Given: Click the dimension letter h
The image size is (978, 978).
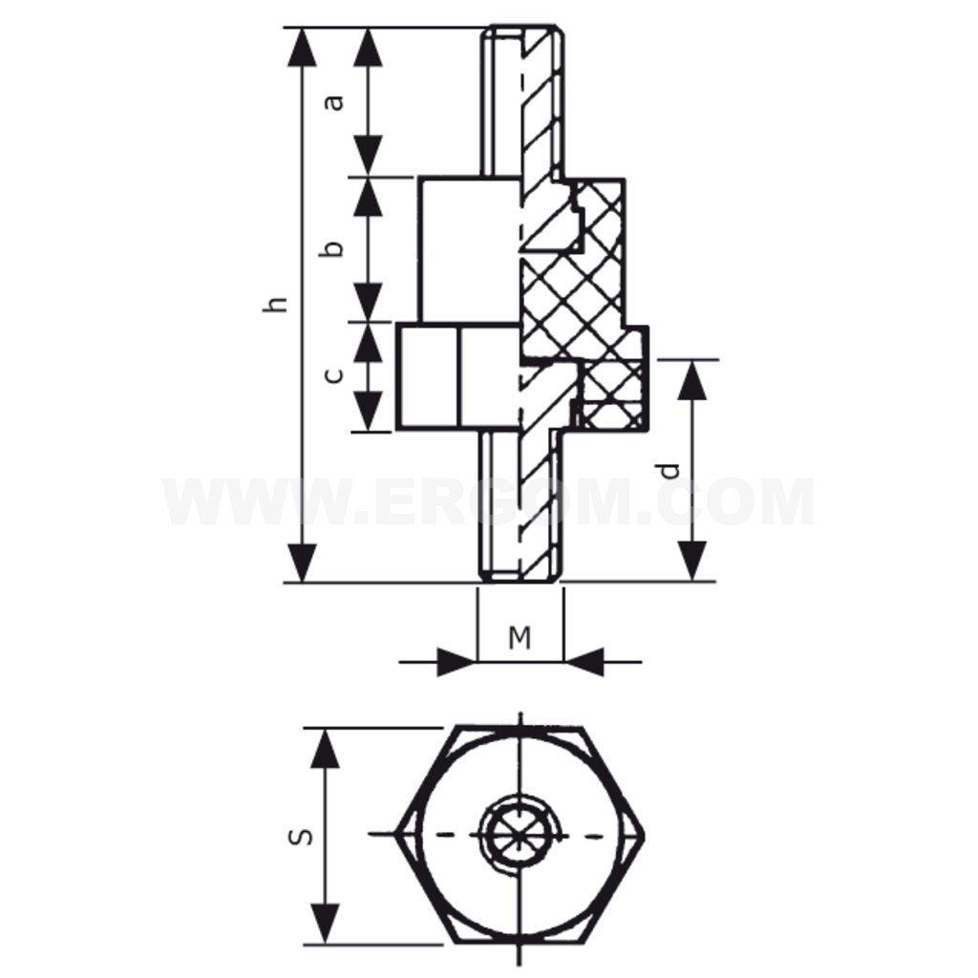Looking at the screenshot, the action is (275, 304).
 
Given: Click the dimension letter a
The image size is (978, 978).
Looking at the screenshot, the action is (335, 102).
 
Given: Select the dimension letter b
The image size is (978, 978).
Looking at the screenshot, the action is (332, 249).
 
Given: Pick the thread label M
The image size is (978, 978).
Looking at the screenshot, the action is (520, 637).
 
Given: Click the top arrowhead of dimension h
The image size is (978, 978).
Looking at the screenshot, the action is (302, 47).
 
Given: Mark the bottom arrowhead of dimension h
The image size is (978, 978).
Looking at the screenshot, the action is (302, 563).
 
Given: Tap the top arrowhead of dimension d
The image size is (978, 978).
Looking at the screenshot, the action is (692, 379).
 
